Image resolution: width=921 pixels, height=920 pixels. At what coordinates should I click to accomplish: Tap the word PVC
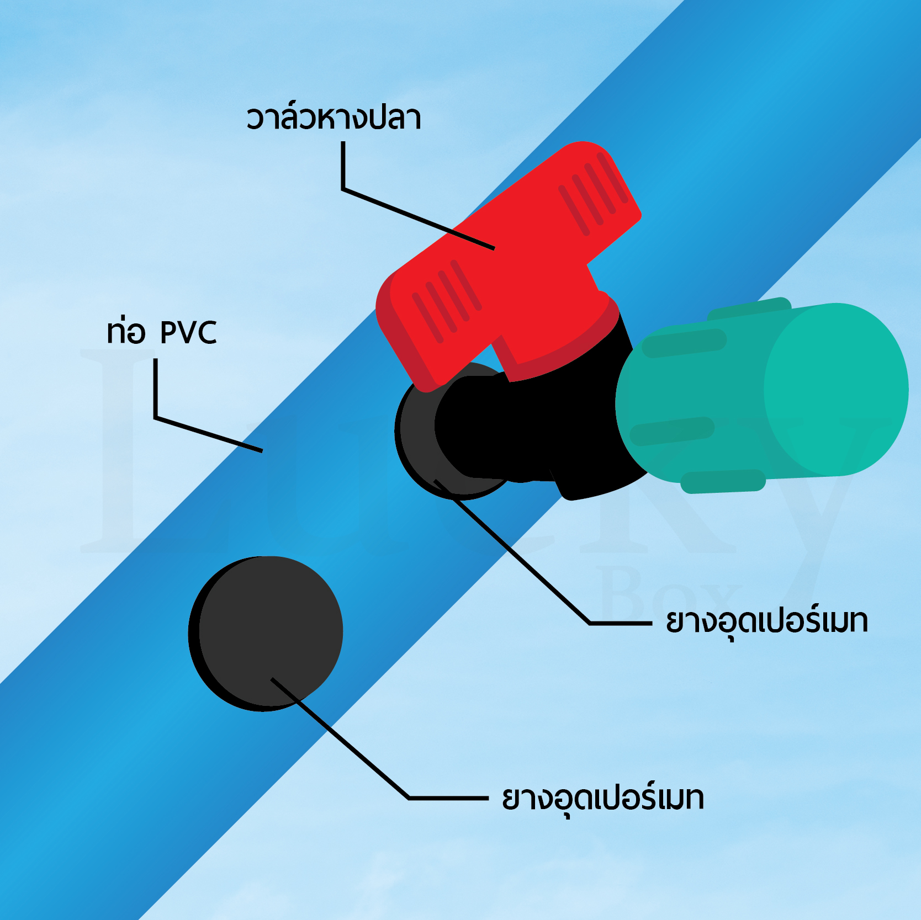[x=188, y=332]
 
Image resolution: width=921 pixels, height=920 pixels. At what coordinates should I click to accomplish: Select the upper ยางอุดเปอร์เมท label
[x=767, y=622]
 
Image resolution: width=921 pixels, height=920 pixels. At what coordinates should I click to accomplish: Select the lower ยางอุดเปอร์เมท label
[x=603, y=799]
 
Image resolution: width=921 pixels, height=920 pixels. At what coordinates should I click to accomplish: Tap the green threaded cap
[x=762, y=395]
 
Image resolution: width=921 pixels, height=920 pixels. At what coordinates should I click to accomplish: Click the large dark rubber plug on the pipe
[x=266, y=633]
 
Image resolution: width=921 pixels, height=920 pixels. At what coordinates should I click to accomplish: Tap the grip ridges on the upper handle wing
[x=593, y=193]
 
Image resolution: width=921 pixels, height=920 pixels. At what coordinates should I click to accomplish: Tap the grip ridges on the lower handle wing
[x=447, y=301]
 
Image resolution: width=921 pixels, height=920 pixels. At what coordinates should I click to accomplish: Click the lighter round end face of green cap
[x=837, y=389]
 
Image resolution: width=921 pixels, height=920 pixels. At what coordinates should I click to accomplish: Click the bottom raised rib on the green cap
[x=723, y=481]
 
